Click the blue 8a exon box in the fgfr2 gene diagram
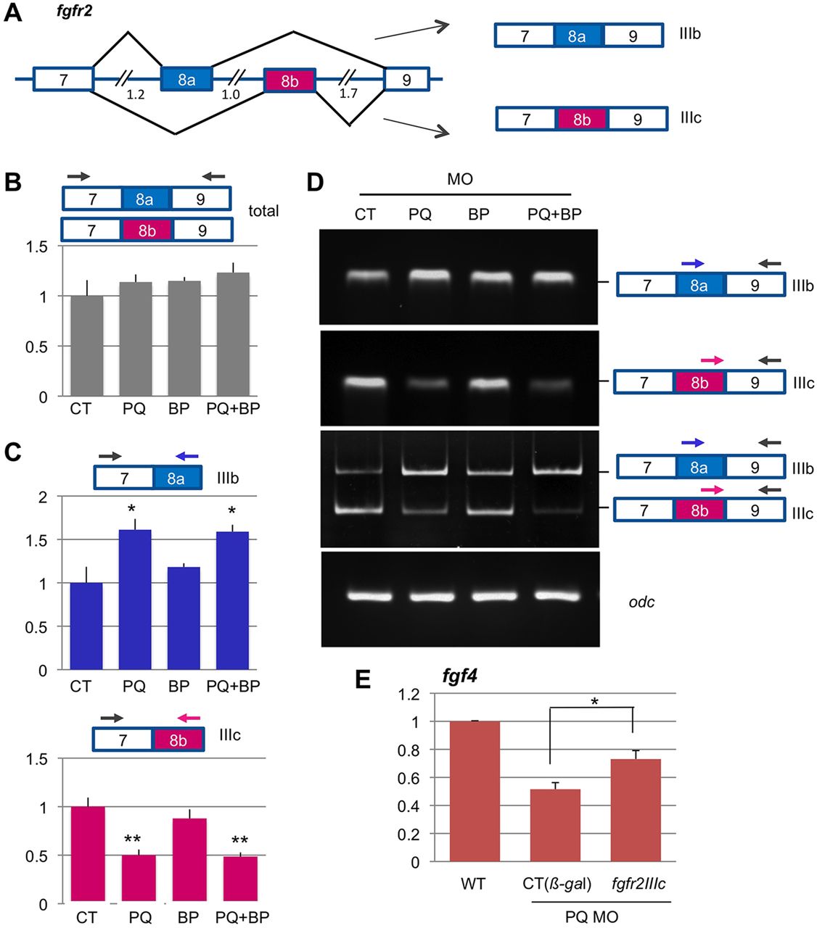[186, 80]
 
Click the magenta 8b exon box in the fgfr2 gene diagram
[289, 81]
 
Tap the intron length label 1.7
[348, 93]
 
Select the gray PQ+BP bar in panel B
[233, 335]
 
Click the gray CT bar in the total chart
[86, 346]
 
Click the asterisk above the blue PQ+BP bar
[232, 511]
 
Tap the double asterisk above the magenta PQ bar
[132, 840]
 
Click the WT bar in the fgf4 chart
[475, 791]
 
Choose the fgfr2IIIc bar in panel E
[634, 810]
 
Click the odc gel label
[641, 602]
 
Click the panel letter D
[315, 181]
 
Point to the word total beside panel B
[263, 211]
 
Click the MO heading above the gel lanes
[460, 178]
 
